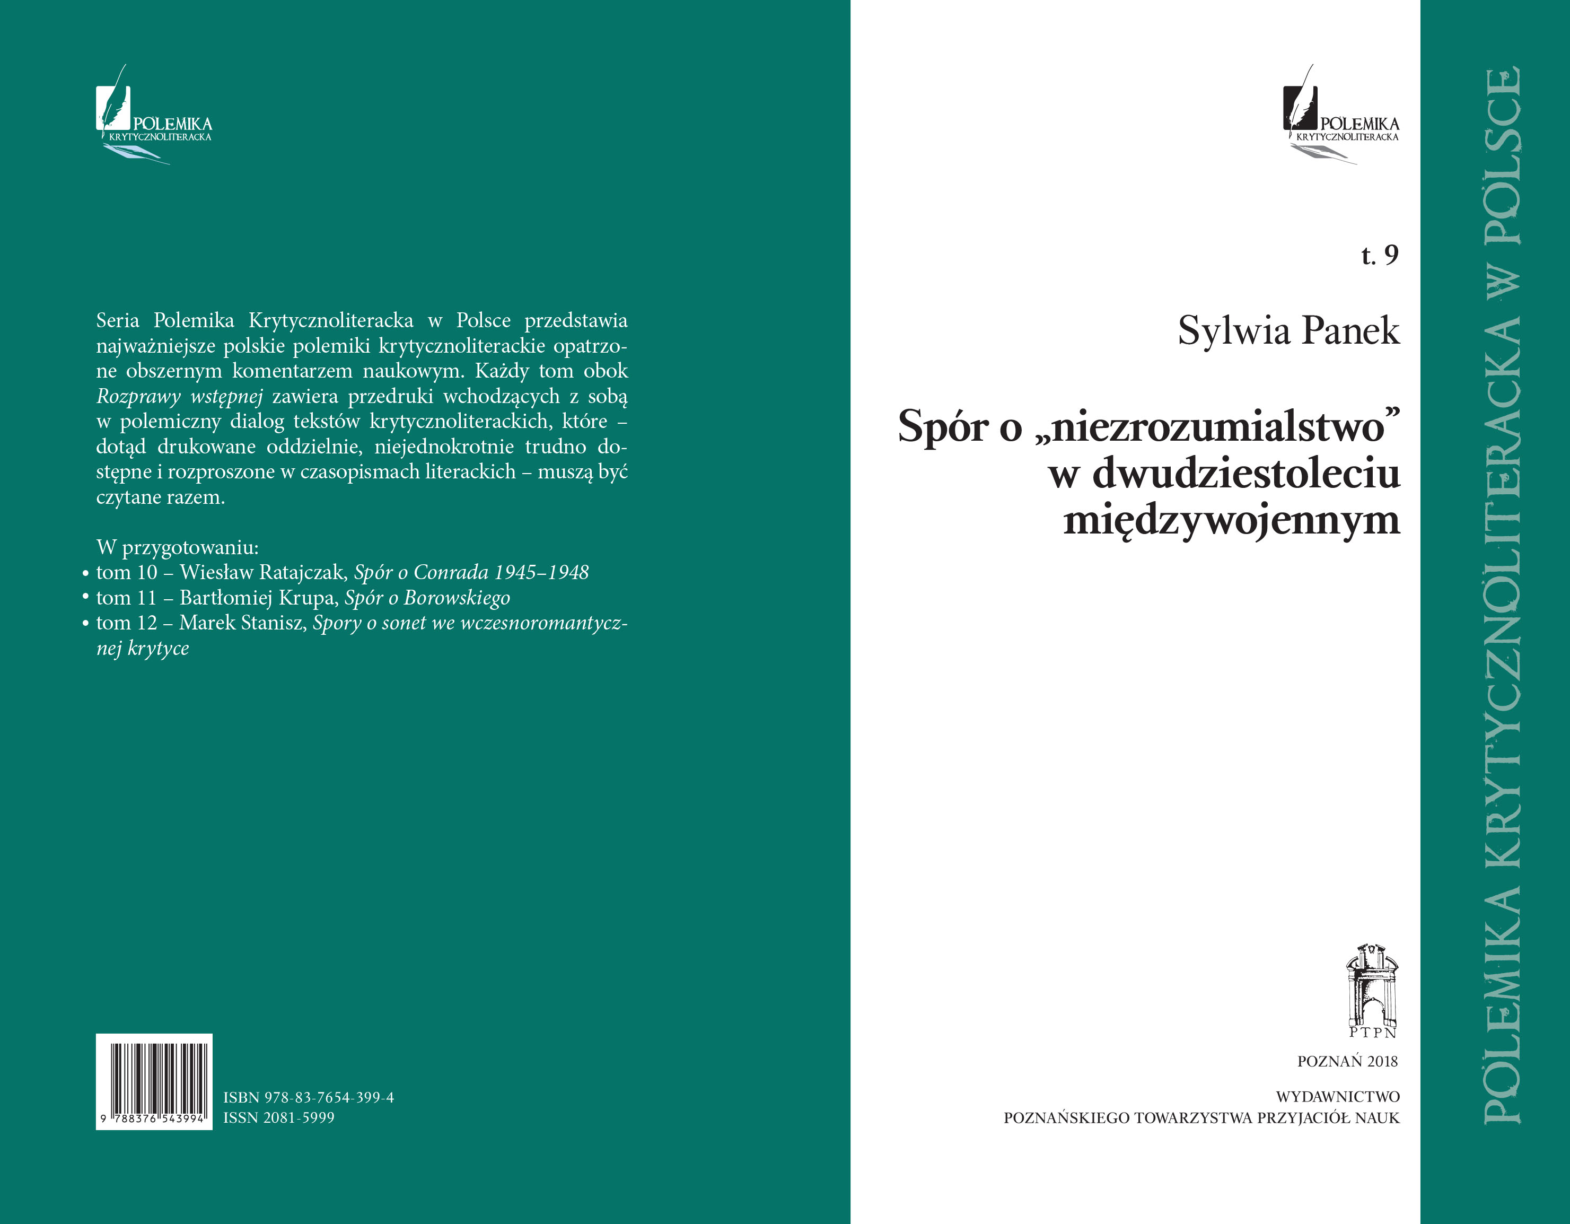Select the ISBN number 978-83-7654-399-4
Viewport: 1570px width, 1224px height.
coord(309,1097)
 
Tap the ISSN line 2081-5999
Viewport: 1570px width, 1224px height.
coord(279,1117)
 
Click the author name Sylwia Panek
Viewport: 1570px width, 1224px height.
coord(1288,331)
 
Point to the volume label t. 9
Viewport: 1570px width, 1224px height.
coord(1380,255)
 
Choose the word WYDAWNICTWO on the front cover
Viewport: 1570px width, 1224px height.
coord(1337,1097)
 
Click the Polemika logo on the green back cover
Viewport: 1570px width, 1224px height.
coord(154,115)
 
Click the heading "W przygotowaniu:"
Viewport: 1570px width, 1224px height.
coord(178,547)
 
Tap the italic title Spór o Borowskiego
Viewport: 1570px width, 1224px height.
coord(428,598)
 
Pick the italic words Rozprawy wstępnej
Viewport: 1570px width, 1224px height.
coord(180,396)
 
